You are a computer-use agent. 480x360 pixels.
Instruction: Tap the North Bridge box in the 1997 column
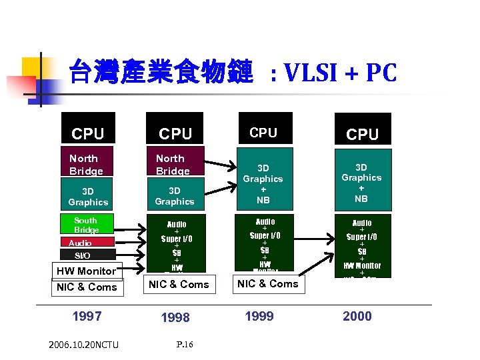click(87, 165)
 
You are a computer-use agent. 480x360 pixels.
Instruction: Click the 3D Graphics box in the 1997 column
click(87, 197)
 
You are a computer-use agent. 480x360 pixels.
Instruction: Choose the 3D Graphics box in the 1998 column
click(174, 196)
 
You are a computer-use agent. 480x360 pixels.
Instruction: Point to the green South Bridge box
click(86, 225)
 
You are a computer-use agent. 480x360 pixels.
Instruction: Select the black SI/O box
click(83, 255)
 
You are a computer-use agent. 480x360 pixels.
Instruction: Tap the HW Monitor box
click(86, 271)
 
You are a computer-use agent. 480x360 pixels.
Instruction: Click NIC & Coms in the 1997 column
click(87, 287)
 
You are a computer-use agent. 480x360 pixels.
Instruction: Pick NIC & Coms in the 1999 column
click(268, 283)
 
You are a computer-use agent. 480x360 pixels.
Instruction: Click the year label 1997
click(87, 316)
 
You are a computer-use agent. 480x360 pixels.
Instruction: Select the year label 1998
click(175, 318)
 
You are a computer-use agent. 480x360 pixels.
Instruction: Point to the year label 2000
click(357, 316)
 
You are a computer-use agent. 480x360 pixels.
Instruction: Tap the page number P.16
click(185, 344)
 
